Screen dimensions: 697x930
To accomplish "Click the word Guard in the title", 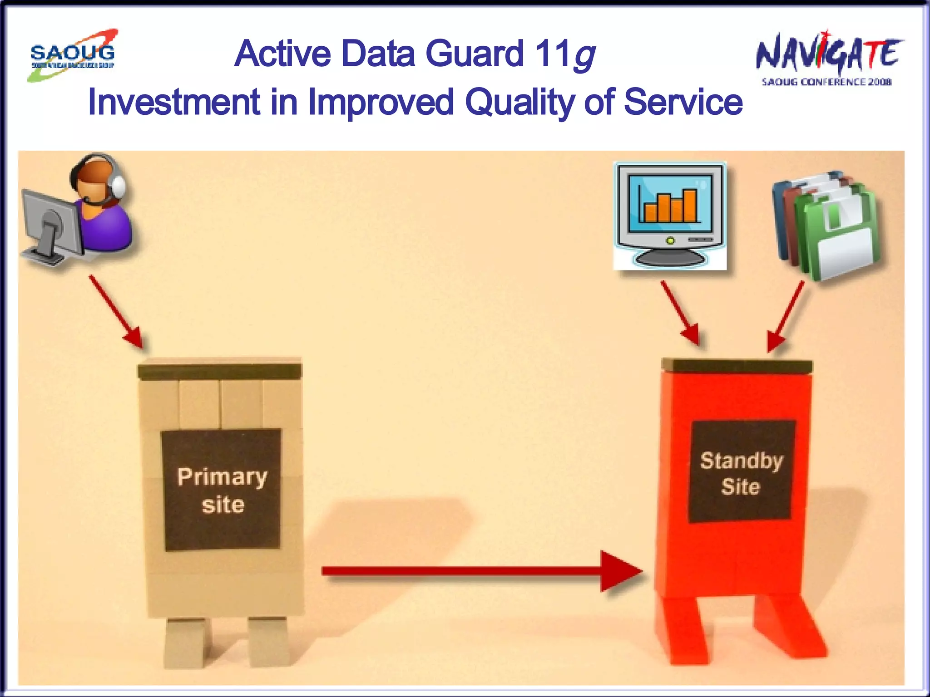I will coord(475,54).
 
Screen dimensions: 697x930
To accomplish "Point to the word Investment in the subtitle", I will coord(174,102).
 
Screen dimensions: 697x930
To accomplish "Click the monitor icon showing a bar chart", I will coord(670,216).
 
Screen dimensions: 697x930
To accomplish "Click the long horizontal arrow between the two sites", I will coord(481,571).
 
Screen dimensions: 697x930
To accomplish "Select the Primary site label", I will coord(222,490).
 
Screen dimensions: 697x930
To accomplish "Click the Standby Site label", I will coord(741,472).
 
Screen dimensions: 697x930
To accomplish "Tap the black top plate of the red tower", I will coord(737,366).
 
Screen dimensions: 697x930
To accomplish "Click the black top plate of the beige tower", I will coord(220,371).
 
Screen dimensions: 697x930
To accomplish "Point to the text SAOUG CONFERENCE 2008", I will coord(826,82).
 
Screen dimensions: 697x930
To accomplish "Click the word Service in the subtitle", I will coord(683,102).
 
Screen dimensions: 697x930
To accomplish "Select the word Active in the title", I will coord(283,54).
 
